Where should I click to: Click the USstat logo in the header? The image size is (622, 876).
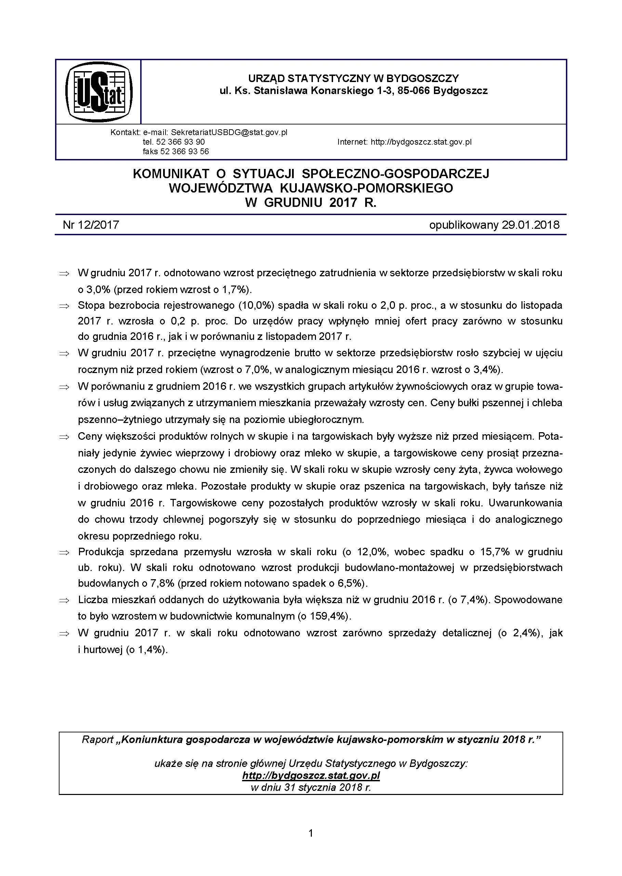coord(99,92)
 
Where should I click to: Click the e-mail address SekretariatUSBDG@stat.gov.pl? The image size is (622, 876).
coord(229,132)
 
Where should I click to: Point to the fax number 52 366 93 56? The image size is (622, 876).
coord(185,151)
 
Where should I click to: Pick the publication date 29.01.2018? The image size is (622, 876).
coord(530,224)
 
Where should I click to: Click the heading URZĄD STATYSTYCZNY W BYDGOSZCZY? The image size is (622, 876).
coord(353,79)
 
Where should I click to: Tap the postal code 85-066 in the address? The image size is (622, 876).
coord(411,91)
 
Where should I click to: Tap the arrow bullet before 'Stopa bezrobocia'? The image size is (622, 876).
coord(64,306)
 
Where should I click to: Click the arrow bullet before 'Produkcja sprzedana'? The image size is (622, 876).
coord(64,552)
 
